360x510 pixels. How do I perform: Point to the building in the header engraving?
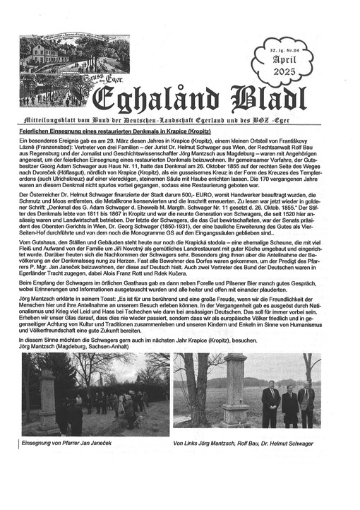point(42,59)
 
